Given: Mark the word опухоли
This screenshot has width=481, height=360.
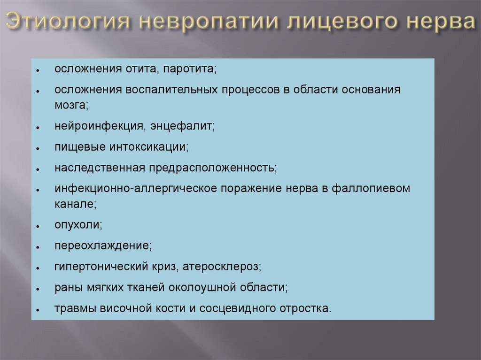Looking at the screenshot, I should point(78,225).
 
